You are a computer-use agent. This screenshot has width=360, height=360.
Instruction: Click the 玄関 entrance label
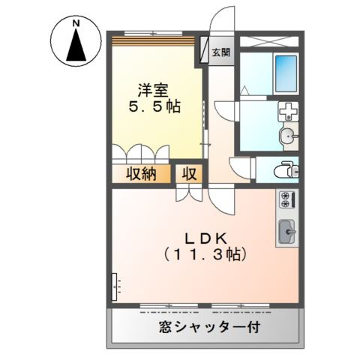click(x=220, y=52)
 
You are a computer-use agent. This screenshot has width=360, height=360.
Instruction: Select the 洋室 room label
click(x=151, y=89)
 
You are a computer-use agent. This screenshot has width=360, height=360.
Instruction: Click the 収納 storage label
click(x=140, y=175)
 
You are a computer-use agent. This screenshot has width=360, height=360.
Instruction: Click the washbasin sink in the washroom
click(x=287, y=136)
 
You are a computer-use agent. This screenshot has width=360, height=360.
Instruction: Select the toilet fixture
click(x=286, y=168)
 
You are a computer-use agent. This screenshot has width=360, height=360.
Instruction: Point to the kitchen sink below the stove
click(x=286, y=231)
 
